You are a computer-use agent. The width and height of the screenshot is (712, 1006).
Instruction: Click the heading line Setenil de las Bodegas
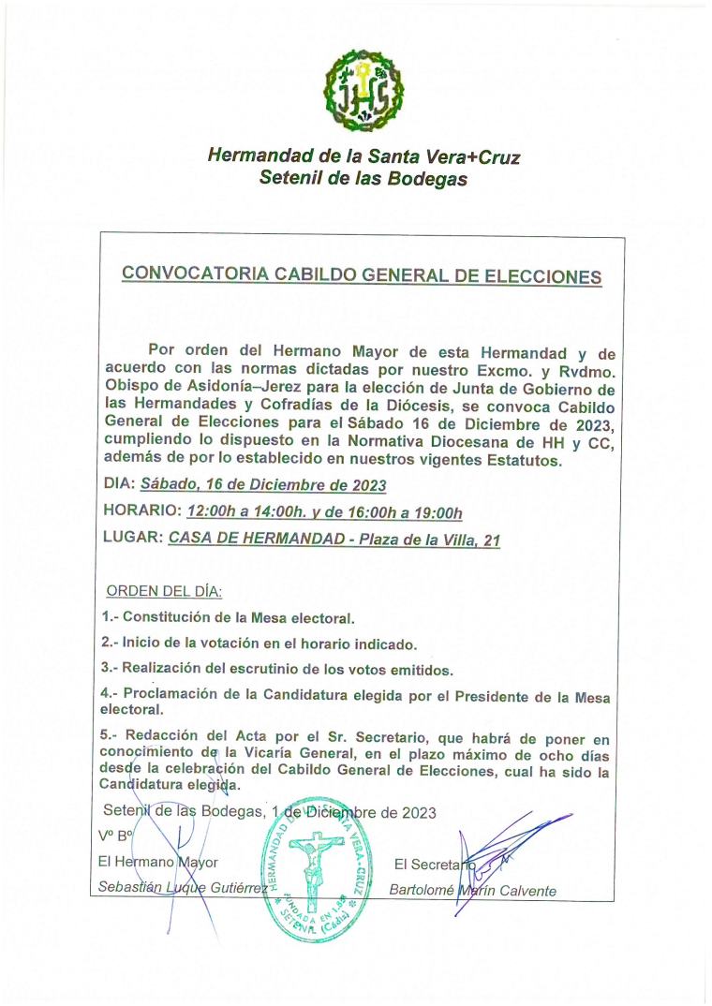[x=363, y=179]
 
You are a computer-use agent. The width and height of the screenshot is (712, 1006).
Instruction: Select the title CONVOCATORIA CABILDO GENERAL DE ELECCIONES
[x=362, y=276]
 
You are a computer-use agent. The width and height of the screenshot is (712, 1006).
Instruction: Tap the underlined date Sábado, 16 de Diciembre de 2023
[x=263, y=486]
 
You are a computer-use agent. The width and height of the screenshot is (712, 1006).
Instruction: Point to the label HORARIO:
[x=140, y=512]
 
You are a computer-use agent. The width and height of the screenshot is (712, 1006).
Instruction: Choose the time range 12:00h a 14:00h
[x=254, y=512]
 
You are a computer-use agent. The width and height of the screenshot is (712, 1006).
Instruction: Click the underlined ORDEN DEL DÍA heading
[x=164, y=592]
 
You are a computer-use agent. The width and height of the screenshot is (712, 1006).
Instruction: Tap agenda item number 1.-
[x=110, y=618]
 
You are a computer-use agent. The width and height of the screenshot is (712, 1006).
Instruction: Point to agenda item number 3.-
[x=110, y=670]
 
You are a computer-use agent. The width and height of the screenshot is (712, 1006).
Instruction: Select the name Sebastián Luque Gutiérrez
[x=179, y=888]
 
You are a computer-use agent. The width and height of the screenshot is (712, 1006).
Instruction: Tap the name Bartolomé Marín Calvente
[x=473, y=890]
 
